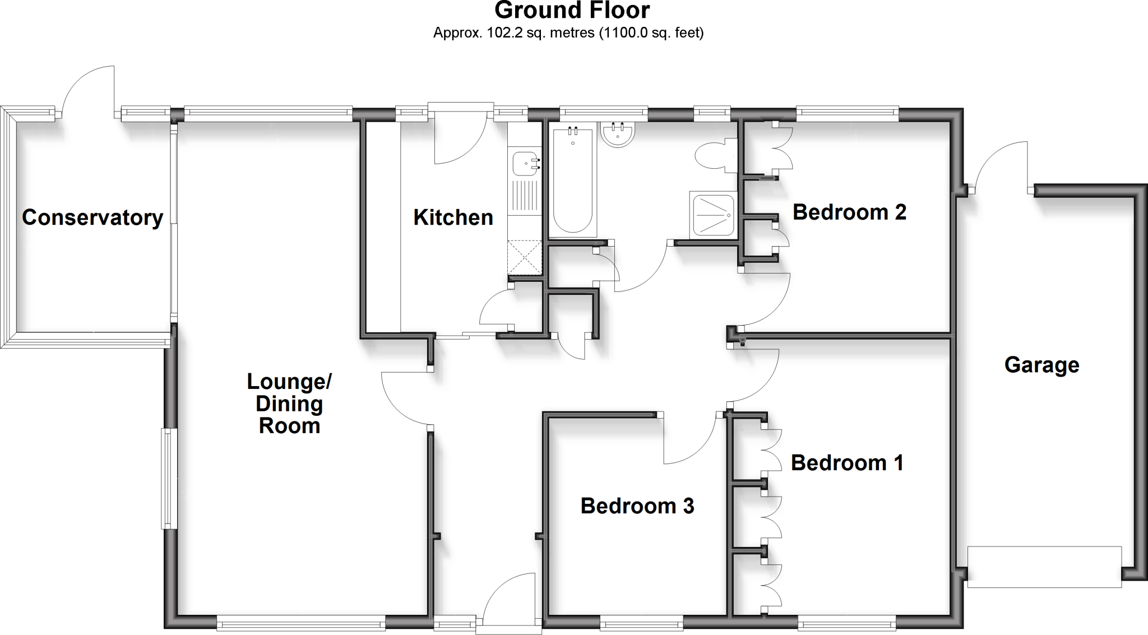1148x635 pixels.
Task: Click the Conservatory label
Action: click(x=92, y=217)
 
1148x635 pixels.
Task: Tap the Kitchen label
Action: click(x=453, y=217)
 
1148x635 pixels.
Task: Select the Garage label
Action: click(x=1041, y=365)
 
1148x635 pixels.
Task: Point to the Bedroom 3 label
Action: click(x=637, y=506)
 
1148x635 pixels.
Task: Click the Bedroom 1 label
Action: click(x=846, y=463)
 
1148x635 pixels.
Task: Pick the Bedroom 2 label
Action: click(x=849, y=212)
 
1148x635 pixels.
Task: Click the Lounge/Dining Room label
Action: click(x=289, y=404)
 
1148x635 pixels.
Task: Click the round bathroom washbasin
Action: click(x=618, y=135)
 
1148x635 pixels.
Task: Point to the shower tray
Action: click(x=713, y=215)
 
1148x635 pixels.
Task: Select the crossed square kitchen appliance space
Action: click(x=525, y=257)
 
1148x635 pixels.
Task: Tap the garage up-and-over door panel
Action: click(x=1044, y=566)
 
